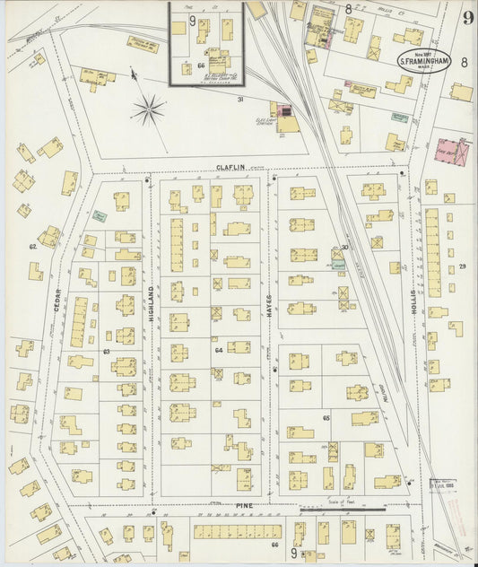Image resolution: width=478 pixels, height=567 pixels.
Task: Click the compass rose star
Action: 148,110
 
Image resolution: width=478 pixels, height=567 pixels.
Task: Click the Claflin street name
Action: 230,168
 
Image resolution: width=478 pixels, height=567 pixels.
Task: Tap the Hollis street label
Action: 414,299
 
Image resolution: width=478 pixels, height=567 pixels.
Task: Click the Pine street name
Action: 245,507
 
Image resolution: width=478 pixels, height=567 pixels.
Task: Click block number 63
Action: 106,351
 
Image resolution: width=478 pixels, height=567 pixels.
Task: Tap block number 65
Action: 326,418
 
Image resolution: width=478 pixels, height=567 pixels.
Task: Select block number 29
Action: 463,267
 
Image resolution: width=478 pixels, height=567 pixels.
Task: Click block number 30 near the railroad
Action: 344,249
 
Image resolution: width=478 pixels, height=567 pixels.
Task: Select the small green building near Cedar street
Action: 100,216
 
